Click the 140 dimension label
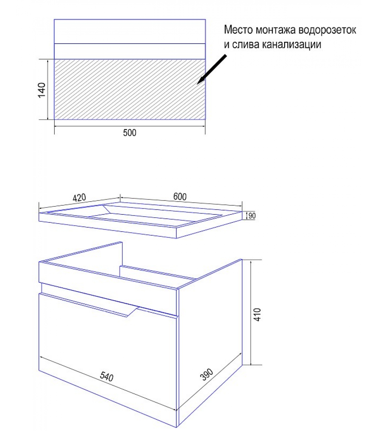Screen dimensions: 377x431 click(x=42, y=90)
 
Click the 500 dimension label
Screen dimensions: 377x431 click(x=130, y=133)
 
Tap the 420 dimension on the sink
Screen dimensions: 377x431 click(x=79, y=198)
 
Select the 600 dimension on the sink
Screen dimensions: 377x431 click(x=180, y=197)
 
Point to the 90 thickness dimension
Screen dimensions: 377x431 click(x=252, y=216)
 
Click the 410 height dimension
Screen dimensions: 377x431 click(x=257, y=314)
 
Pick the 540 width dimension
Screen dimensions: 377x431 click(x=107, y=376)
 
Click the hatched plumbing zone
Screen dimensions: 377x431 click(x=130, y=89)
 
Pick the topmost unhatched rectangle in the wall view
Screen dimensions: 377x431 click(x=130, y=31)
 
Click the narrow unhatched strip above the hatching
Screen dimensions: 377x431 click(x=130, y=51)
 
